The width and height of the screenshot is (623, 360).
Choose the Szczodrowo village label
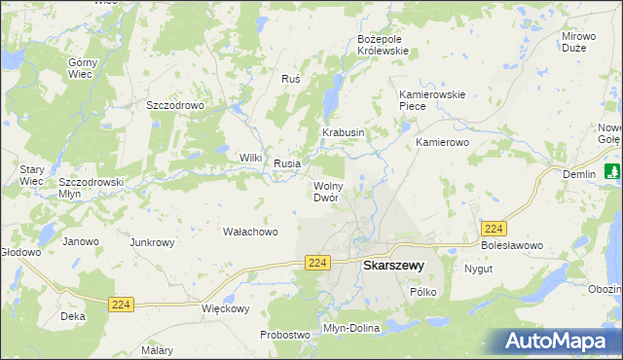173,104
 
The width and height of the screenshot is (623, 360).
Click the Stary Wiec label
32,175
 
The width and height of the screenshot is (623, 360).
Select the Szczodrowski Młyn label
91,187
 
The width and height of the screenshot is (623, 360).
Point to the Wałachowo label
251,232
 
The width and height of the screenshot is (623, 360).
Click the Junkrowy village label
151,242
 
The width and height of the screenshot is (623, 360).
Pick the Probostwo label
284,335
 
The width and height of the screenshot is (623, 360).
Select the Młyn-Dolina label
350,328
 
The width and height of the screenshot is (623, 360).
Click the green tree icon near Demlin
612,172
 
